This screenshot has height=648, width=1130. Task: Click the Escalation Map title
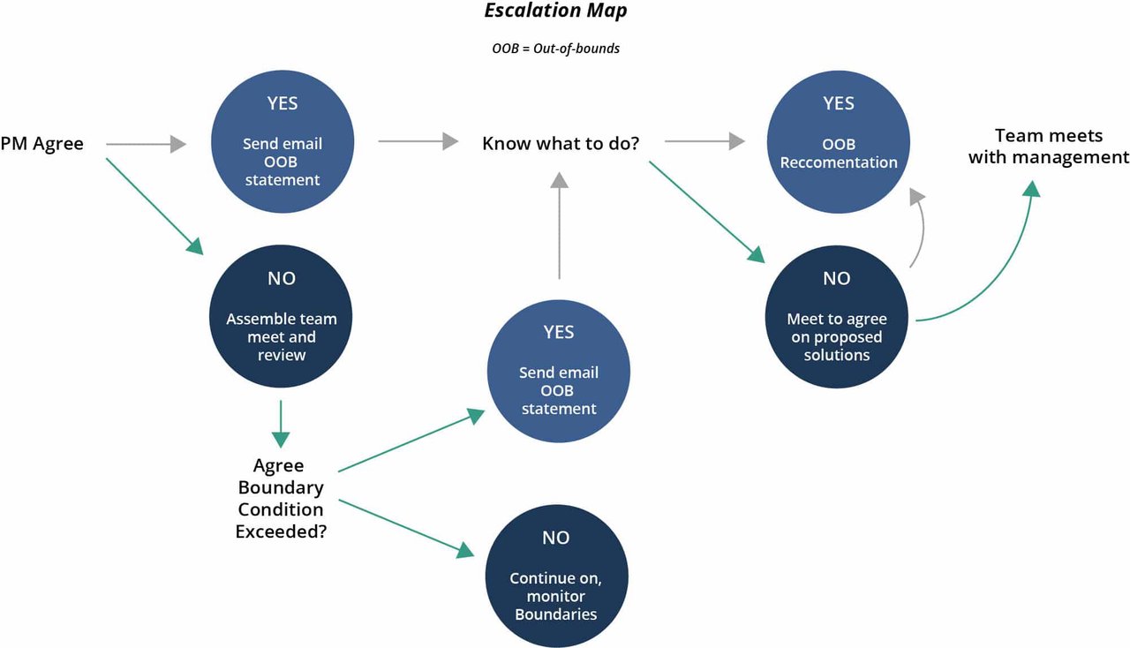point(555,12)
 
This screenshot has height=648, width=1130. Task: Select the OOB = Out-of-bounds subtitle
point(555,49)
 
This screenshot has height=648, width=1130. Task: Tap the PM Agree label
point(42,143)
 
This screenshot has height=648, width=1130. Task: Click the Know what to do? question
point(561,143)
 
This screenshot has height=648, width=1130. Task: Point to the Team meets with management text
point(1048,147)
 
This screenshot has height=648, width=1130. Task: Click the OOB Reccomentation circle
point(838,140)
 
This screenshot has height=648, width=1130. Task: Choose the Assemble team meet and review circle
point(281,317)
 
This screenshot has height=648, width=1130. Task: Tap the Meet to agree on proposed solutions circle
point(836,317)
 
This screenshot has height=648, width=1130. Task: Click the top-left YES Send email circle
point(282,140)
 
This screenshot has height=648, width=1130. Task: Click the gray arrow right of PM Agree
point(146,143)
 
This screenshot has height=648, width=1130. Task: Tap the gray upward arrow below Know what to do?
point(559,225)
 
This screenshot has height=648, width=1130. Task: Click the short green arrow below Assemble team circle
point(280,424)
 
